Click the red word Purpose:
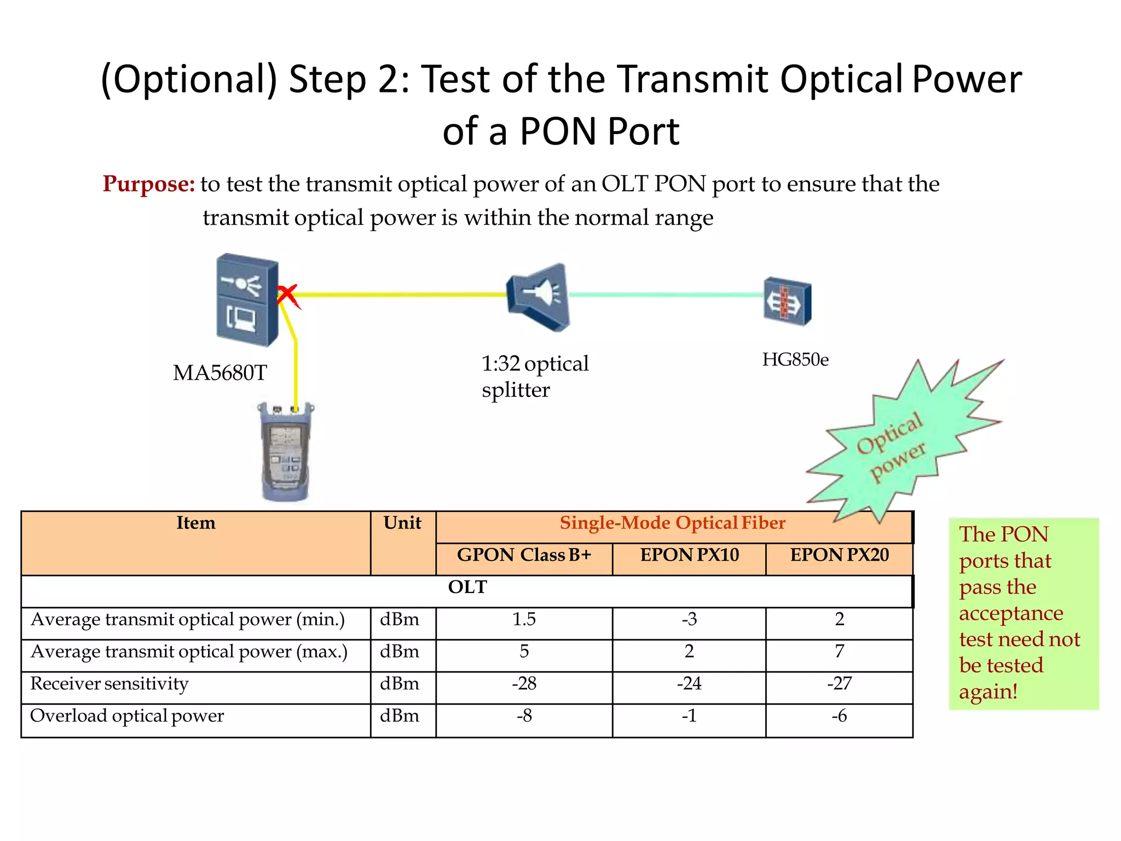click(148, 184)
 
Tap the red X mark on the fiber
click(287, 296)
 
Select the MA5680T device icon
click(247, 300)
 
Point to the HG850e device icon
click(787, 301)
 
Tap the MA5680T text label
click(219, 373)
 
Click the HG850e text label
click(795, 360)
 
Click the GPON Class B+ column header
click(524, 555)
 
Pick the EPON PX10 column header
click(689, 555)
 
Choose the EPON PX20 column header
click(839, 555)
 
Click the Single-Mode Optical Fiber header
click(672, 523)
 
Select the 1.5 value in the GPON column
click(524, 619)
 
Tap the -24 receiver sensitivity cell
click(689, 684)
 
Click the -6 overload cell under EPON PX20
click(839, 716)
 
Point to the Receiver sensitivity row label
click(109, 684)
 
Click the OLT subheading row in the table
click(467, 587)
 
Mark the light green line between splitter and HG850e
click(665, 295)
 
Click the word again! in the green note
click(988, 692)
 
